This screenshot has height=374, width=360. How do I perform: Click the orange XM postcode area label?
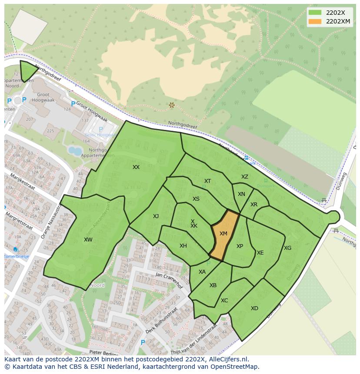pos(223,234)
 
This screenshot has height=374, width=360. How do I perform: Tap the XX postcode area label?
pos(136,167)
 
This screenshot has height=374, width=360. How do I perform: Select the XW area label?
pos(88,240)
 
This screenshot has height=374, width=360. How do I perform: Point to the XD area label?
pos(254,308)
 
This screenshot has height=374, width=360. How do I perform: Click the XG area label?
pos(287,248)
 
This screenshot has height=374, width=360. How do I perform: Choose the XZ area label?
pos(245,177)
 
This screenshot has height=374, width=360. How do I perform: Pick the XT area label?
pos(207,181)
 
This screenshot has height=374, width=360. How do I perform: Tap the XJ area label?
pos(156,216)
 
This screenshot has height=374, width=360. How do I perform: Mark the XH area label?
pos(183,246)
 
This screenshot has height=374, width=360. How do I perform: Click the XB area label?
pos(213,285)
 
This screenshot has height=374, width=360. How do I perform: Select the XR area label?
pos(254,205)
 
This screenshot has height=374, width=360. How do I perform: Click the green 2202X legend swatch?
pos(315,13)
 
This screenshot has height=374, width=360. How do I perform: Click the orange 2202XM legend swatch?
pos(315,21)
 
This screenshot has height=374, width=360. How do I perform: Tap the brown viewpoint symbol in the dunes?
pos(172,105)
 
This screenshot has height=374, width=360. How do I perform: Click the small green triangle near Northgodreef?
pos(28,70)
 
